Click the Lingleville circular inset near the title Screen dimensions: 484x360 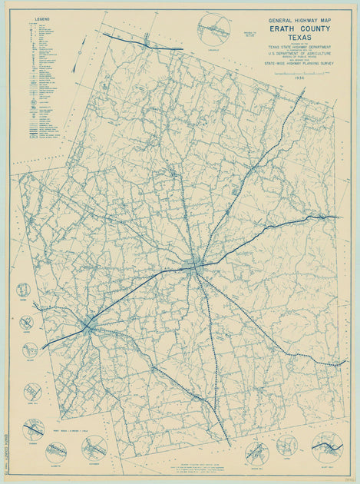pos(213,28)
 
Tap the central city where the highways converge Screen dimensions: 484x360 pos(195,267)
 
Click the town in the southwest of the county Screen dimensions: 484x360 pos(88,326)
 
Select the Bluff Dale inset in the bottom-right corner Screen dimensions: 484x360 pos(326,447)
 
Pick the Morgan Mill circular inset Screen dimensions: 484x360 pos(257,453)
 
